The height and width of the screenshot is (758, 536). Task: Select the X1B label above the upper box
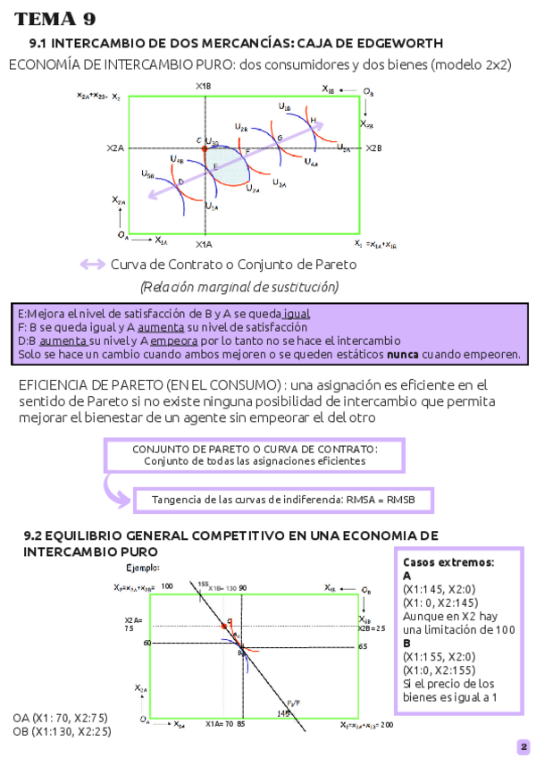coord(204,86)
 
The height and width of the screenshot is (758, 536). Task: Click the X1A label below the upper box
coord(204,244)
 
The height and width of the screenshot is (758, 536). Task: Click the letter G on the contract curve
coord(280,138)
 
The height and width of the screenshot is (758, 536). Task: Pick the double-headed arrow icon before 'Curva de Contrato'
coord(92,264)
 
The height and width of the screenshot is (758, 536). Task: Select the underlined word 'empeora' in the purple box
coord(174,341)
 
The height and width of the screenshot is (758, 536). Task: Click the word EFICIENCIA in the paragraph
coord(58,384)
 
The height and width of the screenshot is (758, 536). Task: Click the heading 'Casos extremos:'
coord(448,562)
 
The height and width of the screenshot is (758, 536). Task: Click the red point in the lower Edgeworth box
coord(230,619)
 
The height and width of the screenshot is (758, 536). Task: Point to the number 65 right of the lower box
coord(363,645)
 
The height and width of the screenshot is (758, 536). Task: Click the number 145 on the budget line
coord(283,713)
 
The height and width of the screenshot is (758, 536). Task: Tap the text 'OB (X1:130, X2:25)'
coord(63,731)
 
